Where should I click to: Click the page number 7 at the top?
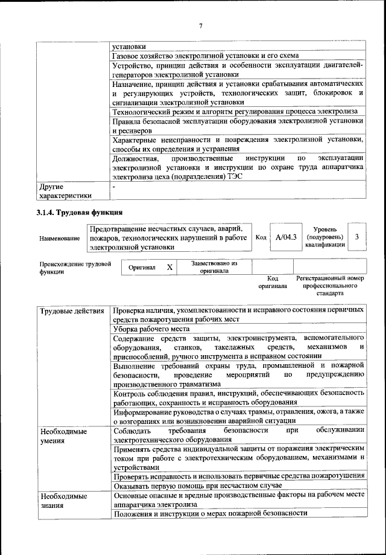201,25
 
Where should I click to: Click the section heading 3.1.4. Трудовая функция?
80,212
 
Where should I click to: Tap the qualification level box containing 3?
357,237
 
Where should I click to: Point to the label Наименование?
60,239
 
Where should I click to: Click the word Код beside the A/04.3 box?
261,237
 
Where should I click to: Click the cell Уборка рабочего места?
151,329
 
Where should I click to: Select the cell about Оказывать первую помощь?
198,486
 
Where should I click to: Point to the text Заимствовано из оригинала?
214,267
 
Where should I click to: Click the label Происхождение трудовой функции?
75,268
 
